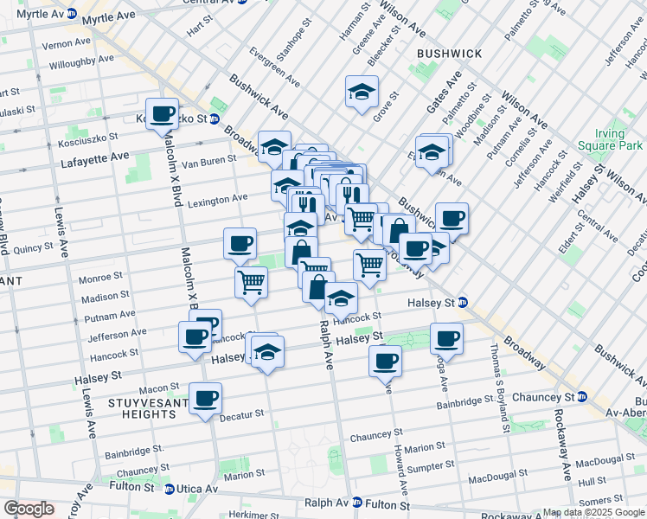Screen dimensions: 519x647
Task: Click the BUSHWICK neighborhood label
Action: click(x=449, y=54)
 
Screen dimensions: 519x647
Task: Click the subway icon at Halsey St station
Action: click(x=464, y=303)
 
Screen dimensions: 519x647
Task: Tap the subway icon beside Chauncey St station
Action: click(x=582, y=396)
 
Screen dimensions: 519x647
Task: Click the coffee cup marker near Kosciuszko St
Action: click(x=162, y=114)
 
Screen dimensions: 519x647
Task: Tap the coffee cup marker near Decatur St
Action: click(x=205, y=399)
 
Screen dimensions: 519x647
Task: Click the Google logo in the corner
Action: click(x=28, y=509)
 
